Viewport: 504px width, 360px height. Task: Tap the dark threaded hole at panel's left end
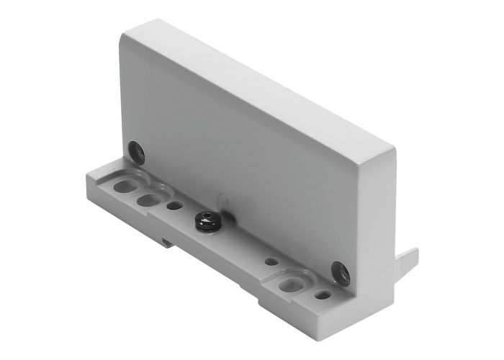click(x=136, y=151)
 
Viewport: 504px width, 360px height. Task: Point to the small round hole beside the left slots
click(x=173, y=205)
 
